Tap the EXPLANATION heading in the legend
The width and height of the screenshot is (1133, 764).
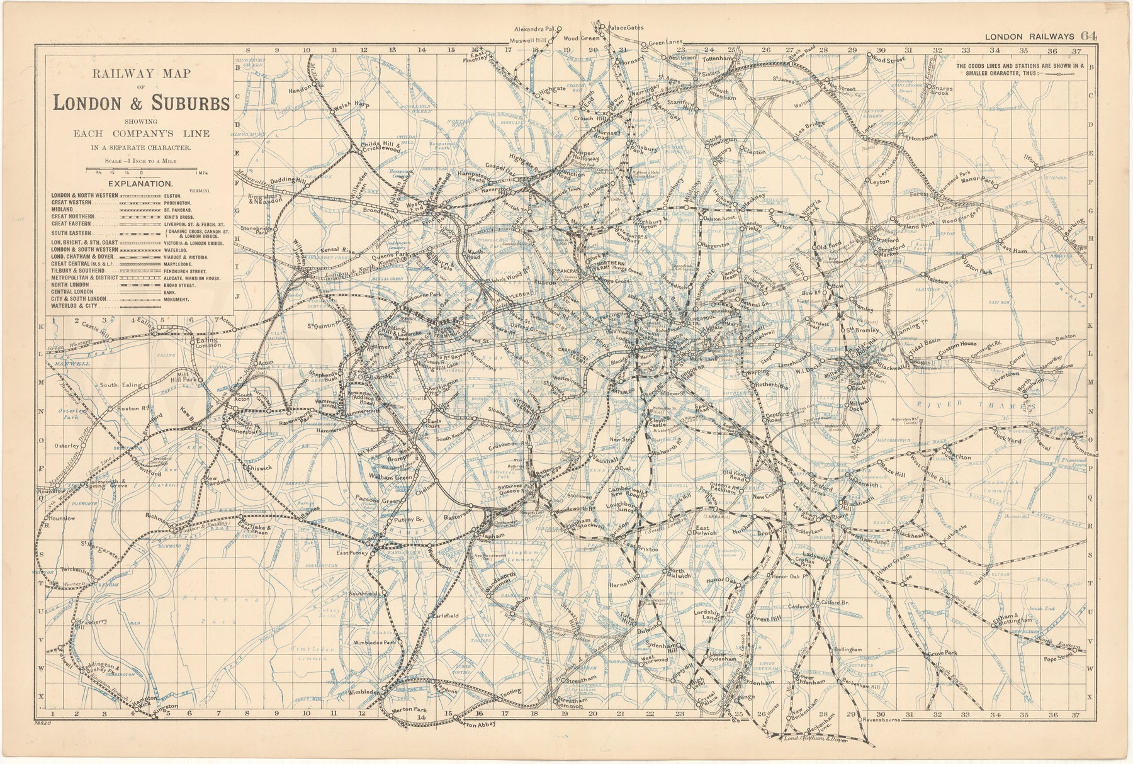pos(142,184)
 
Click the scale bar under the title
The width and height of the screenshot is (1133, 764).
pos(145,170)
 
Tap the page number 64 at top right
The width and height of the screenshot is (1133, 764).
pos(1090,37)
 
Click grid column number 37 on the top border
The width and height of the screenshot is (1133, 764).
pos(1077,51)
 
